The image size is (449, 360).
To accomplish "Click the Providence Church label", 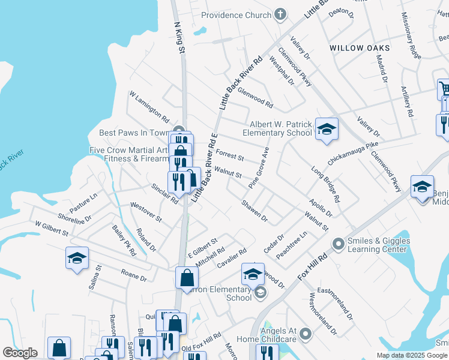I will (236, 15).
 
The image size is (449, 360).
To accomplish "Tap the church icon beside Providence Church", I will (280, 14).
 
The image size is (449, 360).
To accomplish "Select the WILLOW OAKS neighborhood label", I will (360, 48).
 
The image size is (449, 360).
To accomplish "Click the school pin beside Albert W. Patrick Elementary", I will (327, 129).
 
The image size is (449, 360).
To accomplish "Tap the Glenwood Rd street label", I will (255, 97).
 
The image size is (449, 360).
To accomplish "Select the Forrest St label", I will (229, 155).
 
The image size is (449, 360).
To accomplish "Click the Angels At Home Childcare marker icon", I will (306, 332).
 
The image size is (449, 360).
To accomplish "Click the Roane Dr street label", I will (134, 275).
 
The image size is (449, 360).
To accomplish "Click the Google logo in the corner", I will (20, 352).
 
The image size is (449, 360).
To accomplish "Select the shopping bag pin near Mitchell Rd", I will (187, 277).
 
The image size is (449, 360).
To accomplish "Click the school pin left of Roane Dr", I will (77, 258).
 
